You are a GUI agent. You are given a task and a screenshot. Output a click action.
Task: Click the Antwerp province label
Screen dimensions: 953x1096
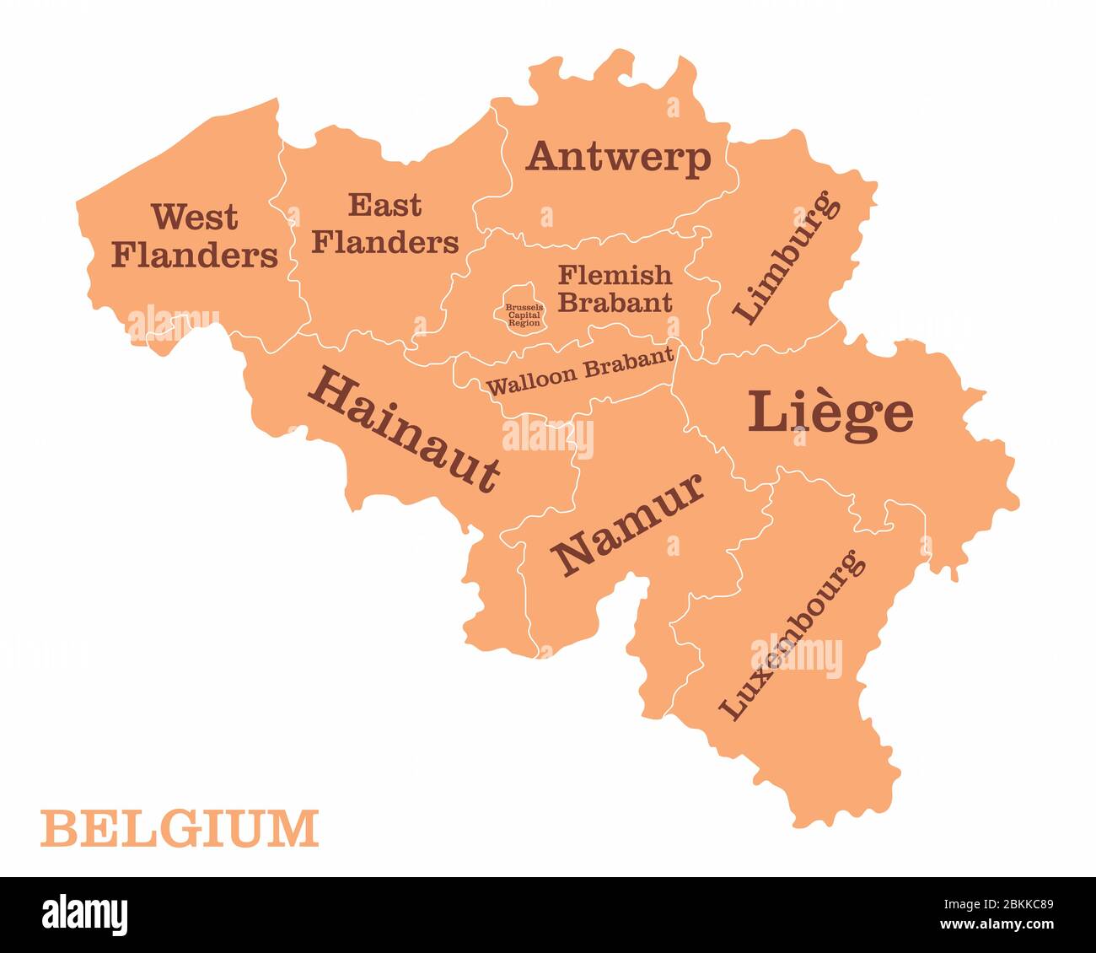(618, 157)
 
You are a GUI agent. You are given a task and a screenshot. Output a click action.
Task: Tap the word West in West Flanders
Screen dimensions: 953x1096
(195, 217)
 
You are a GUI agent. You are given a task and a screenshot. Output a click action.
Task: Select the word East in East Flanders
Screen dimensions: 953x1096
(384, 204)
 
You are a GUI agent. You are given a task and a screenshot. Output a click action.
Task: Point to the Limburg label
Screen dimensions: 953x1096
(787, 257)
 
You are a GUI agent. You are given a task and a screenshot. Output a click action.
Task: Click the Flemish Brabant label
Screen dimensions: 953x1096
(615, 288)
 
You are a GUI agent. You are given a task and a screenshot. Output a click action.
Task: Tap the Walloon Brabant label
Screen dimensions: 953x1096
(581, 370)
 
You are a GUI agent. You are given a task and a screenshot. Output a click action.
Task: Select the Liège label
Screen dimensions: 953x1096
(830, 412)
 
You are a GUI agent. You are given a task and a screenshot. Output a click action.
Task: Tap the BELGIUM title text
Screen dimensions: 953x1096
(180, 828)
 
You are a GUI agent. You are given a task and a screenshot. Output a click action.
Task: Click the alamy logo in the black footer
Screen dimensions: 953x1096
(85, 915)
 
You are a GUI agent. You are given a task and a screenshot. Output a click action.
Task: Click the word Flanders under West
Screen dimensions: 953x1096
(195, 254)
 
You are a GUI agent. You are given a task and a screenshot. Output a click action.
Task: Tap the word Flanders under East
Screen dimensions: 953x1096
(384, 242)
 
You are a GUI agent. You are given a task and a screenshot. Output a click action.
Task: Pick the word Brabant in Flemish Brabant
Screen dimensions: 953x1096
(615, 301)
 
